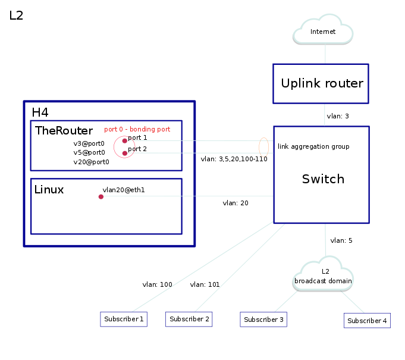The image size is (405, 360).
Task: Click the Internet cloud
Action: (x=324, y=31)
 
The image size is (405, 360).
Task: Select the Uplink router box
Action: (x=321, y=83)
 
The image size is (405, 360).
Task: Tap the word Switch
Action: (x=323, y=179)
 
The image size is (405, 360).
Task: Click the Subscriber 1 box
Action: (x=124, y=320)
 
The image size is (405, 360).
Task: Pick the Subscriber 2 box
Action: (x=189, y=320)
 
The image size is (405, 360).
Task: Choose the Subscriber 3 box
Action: (x=263, y=320)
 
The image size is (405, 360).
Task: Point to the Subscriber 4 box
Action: (x=367, y=321)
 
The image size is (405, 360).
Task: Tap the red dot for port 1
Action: (x=125, y=140)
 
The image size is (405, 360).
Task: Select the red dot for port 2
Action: (x=125, y=154)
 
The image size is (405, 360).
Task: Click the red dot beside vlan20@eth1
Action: (x=101, y=196)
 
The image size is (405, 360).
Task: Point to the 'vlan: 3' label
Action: (x=338, y=116)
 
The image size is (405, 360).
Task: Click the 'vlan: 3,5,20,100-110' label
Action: (x=234, y=159)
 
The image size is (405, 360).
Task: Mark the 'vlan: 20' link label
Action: (x=236, y=204)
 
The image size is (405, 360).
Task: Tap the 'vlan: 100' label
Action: (x=157, y=284)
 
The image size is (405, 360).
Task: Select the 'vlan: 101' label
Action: (x=205, y=284)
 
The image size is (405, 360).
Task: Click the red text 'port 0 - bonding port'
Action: (x=137, y=129)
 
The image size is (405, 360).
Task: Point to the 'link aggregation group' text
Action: (x=313, y=146)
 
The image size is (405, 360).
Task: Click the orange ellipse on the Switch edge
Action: (x=264, y=146)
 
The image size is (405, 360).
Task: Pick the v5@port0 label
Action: (x=89, y=152)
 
